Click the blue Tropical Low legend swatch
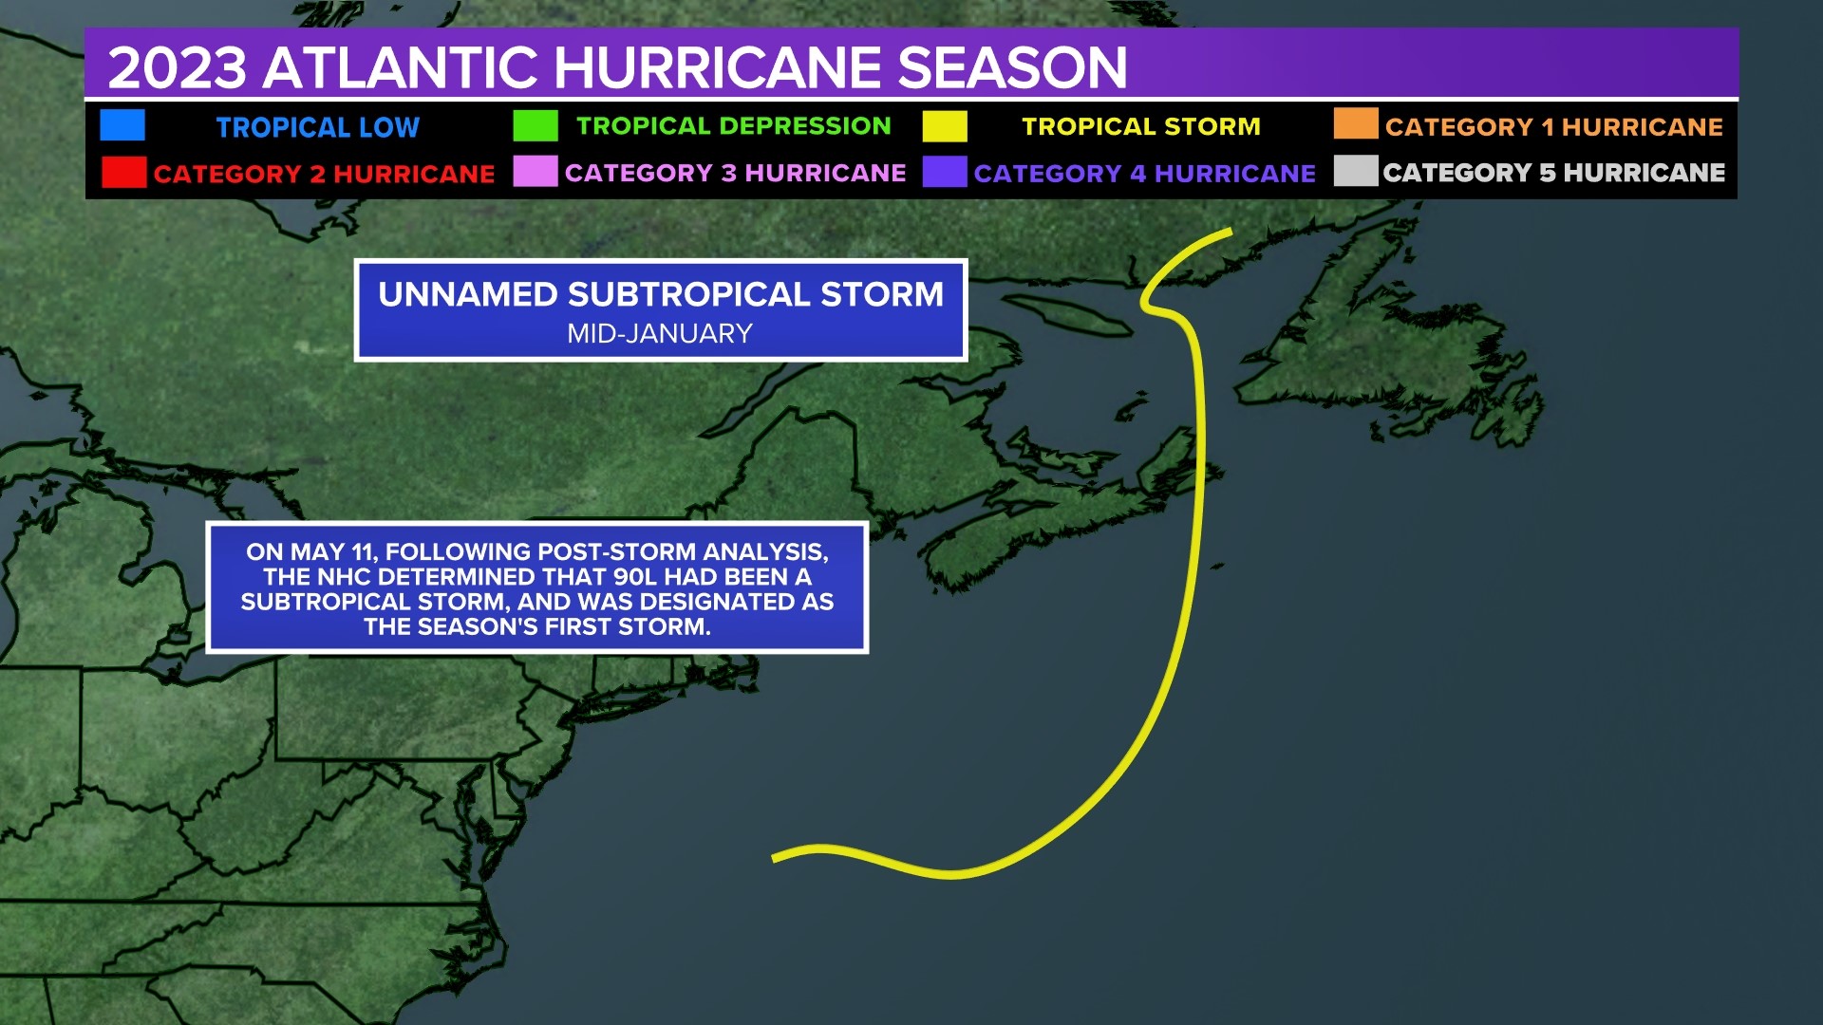pyautogui.click(x=122, y=125)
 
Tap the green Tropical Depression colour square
pyautogui.click(x=535, y=125)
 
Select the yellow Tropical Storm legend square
pyautogui.click(x=945, y=126)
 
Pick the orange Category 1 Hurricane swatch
pyautogui.click(x=1355, y=124)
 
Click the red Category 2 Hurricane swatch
pyautogui.click(x=123, y=173)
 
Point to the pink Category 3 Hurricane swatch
pyautogui.click(x=535, y=172)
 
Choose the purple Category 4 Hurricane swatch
pyautogui.click(x=945, y=172)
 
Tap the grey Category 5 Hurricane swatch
pyautogui.click(x=1355, y=171)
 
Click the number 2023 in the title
pyautogui.click(x=178, y=68)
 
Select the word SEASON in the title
pyautogui.click(x=1012, y=68)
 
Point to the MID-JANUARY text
pyautogui.click(x=660, y=334)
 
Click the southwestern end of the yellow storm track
pyautogui.click(x=776, y=859)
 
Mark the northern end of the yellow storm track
pyautogui.click(x=1230, y=231)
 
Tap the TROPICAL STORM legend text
pyautogui.click(x=1140, y=126)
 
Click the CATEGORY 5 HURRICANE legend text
pyautogui.click(x=1553, y=173)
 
